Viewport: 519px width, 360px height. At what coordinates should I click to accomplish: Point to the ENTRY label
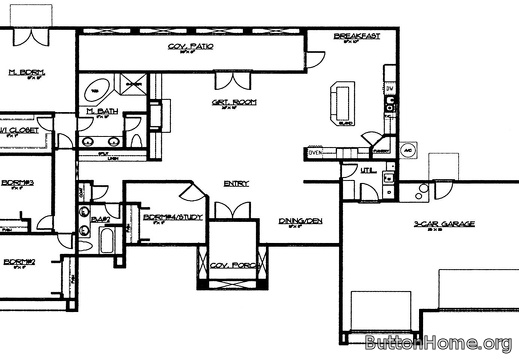click(x=236, y=183)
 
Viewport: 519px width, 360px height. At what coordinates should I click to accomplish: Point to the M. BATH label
click(x=103, y=112)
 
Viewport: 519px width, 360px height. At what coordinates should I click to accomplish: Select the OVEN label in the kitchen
click(x=315, y=153)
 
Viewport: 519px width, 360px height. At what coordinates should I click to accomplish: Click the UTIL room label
click(x=366, y=172)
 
